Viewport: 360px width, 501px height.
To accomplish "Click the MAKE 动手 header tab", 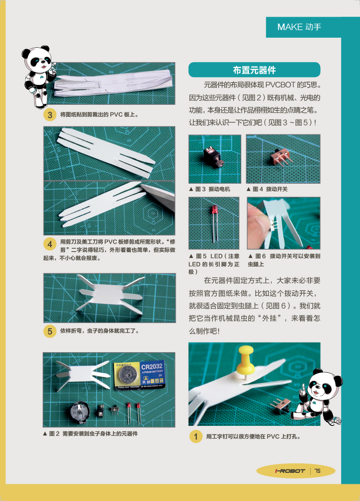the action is [x=303, y=27].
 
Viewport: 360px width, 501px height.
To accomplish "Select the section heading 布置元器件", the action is [x=254, y=70].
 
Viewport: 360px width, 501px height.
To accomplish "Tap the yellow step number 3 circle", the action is [x=50, y=115].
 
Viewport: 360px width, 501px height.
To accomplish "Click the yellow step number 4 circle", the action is [x=50, y=245].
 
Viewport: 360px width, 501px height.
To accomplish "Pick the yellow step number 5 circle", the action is [x=50, y=331].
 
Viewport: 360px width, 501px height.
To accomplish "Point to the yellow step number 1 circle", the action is [x=196, y=436].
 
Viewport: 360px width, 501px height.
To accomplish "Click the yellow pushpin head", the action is [x=246, y=359].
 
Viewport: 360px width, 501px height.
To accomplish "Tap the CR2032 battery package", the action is [x=139, y=375].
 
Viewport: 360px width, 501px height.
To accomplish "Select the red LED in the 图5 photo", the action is [x=214, y=223].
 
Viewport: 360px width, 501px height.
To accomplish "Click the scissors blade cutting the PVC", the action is [x=158, y=195].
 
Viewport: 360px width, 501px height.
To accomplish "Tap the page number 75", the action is [x=317, y=471].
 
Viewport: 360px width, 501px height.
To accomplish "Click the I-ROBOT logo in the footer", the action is [x=290, y=471].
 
